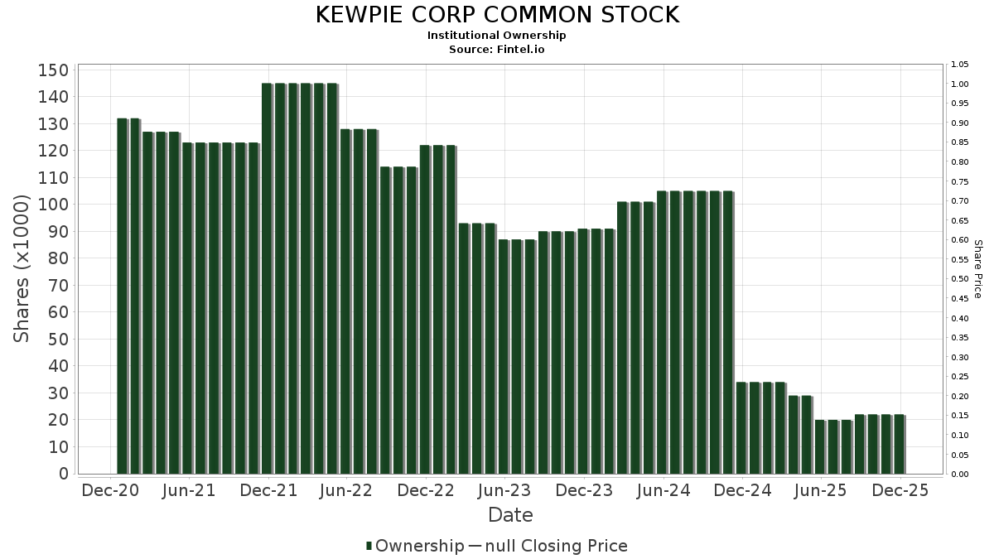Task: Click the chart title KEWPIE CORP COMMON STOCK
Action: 497,15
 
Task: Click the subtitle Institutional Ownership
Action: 497,36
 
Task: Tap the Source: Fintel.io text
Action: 497,49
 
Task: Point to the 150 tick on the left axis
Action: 53,70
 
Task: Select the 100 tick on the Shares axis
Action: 53,205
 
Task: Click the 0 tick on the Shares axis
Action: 63,474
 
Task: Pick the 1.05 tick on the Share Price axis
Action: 960,65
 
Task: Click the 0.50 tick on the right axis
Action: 960,279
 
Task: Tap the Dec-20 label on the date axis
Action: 109,490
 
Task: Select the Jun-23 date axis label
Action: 504,490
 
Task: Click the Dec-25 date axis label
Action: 900,490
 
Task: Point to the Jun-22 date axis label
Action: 346,490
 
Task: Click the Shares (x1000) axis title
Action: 22,268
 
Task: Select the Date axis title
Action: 510,515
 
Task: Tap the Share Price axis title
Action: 977,268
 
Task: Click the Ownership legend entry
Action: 419,546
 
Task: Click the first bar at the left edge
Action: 122,296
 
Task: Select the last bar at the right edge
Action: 899,444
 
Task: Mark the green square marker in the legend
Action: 369,546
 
